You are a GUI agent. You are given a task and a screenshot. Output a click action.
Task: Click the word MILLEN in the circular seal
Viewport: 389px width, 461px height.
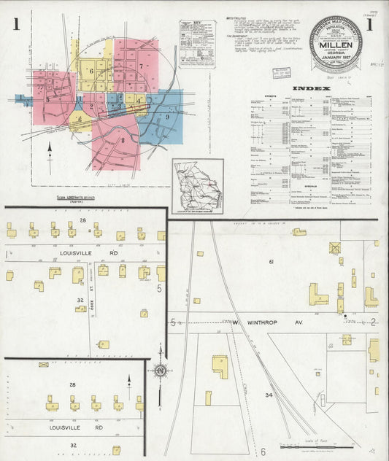coord(336,44)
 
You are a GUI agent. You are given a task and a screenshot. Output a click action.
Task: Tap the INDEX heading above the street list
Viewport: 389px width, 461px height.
coord(307,89)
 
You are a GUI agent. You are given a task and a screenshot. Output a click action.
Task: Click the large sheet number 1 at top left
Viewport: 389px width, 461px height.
coord(15,26)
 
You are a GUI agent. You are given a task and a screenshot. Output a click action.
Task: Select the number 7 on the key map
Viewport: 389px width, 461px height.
coord(140,66)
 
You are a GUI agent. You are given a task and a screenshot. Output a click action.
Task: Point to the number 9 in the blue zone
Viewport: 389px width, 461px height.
coord(167,117)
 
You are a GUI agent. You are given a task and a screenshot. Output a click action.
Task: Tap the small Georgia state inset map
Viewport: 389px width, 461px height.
coord(198,186)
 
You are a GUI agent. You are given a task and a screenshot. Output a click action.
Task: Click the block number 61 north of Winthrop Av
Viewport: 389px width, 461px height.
coord(270,261)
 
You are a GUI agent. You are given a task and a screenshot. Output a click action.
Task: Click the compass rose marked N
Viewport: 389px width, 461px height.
coord(158,371)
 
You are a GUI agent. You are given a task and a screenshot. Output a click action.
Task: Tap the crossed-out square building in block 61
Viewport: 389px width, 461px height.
coord(335,248)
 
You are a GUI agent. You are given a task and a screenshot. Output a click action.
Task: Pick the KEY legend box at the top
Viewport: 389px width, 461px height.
coord(197,44)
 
